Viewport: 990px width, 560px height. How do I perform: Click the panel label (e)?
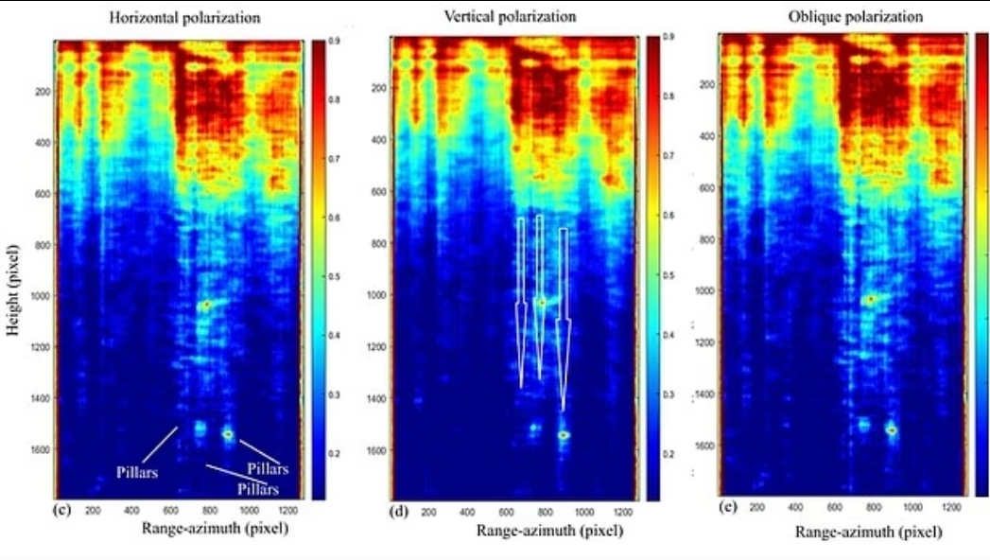coord(726,507)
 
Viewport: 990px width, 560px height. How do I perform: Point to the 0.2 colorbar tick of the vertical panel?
coord(669,455)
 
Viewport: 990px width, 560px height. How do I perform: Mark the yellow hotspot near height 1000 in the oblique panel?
coord(870,299)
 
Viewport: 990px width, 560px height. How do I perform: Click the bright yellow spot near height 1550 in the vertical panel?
coord(564,434)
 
